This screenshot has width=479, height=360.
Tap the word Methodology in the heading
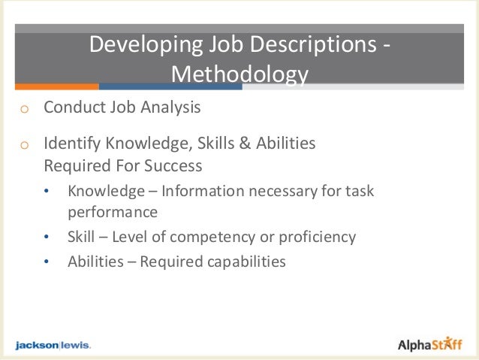coord(239,74)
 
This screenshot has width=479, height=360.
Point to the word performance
coord(113,211)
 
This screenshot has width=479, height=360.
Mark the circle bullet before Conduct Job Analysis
coord(24,109)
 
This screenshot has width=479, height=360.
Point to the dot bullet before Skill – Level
coord(48,238)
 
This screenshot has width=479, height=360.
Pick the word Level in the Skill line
coord(133,237)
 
